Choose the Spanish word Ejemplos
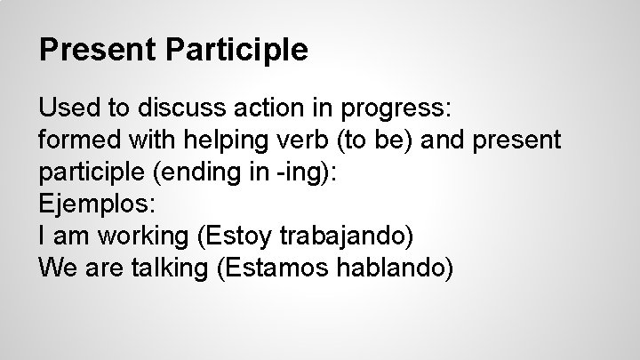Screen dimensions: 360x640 click(x=96, y=204)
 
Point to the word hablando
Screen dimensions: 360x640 click(x=397, y=268)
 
